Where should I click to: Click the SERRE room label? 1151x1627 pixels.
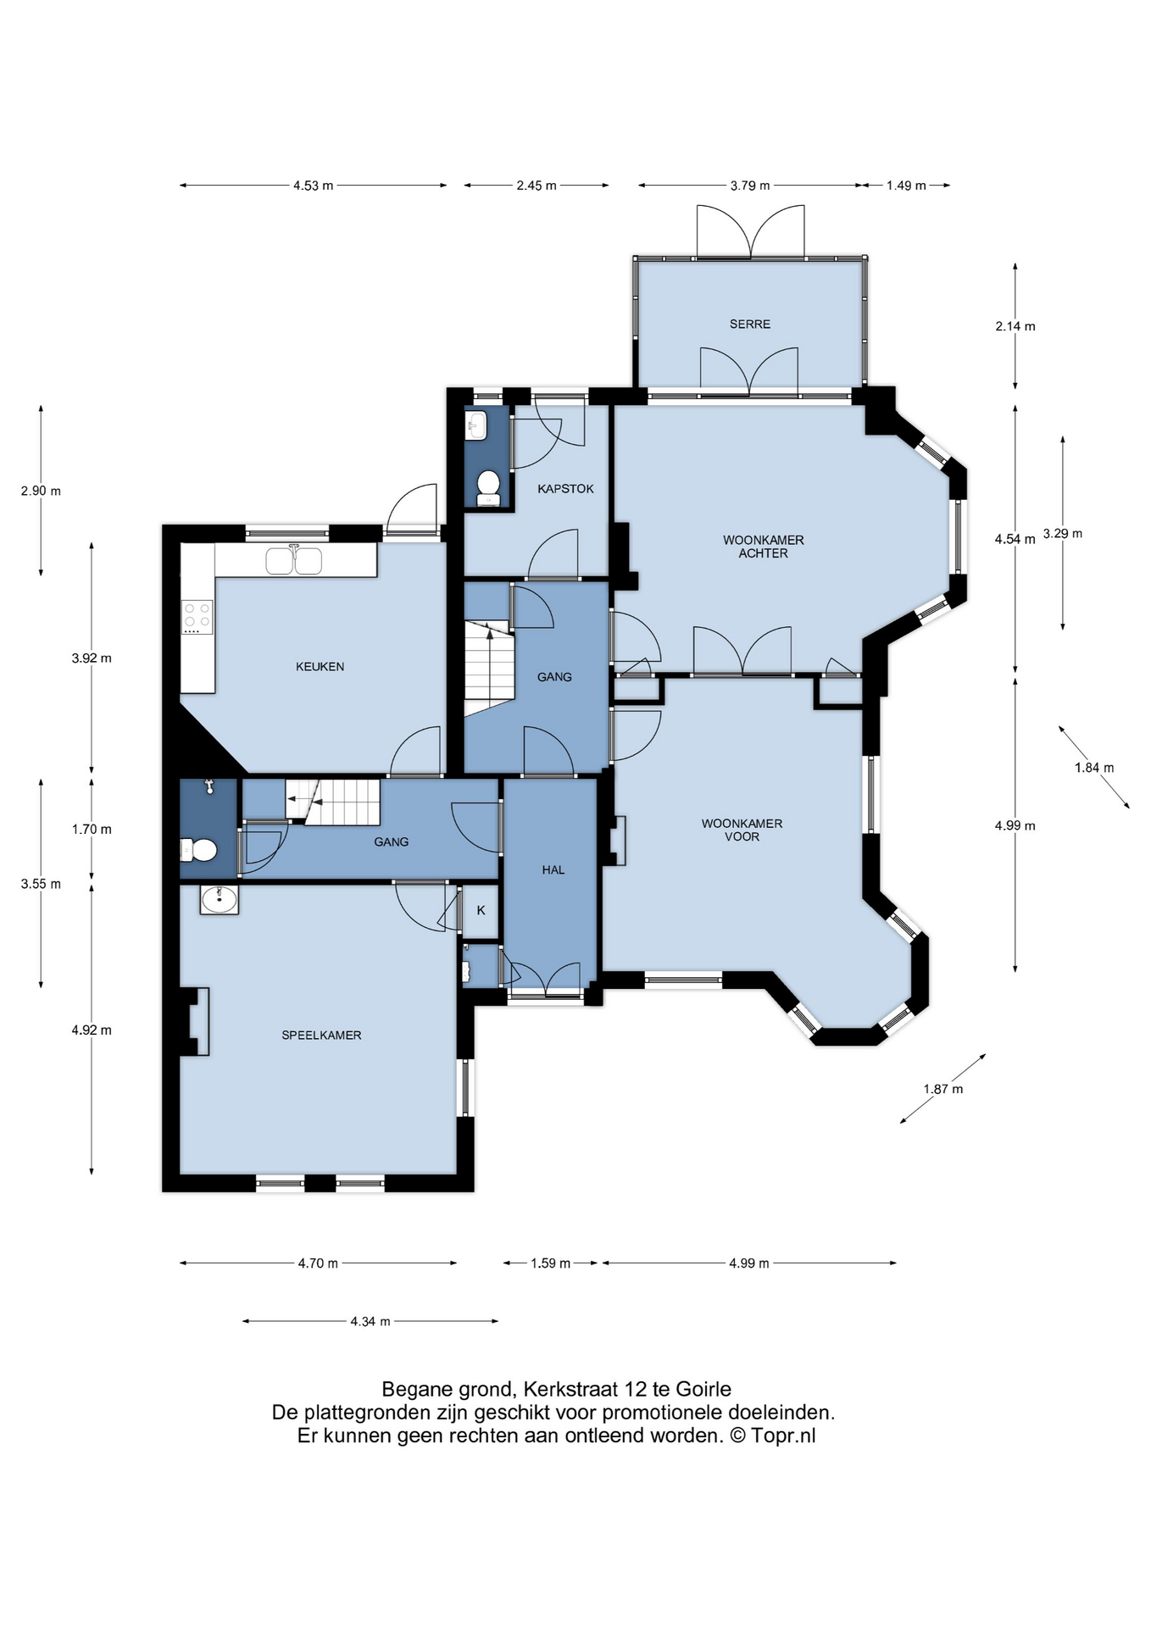[x=750, y=324]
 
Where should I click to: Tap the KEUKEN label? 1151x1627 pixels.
[x=320, y=667]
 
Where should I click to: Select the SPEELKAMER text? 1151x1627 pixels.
[x=321, y=1035]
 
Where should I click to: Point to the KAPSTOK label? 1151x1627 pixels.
[x=565, y=489]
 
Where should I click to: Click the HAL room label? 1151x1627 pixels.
[x=553, y=869]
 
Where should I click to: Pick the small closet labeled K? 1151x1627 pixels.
[x=481, y=910]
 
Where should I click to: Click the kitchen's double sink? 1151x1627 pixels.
[x=293, y=561]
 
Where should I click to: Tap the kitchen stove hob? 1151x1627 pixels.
[x=197, y=617]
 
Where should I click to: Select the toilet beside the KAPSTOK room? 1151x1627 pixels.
[x=487, y=488]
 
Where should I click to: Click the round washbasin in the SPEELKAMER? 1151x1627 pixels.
[x=220, y=899]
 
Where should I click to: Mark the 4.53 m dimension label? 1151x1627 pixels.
[x=313, y=186]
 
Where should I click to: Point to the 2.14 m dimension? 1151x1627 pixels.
[x=1015, y=326]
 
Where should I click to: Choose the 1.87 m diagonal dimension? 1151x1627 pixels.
[x=943, y=1089]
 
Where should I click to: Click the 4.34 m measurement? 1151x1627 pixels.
[x=370, y=1321]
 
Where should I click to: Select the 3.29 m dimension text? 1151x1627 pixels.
[x=1063, y=534]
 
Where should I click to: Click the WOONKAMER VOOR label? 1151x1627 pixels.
[x=742, y=830]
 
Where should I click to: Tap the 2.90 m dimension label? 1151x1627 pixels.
[x=41, y=491]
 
